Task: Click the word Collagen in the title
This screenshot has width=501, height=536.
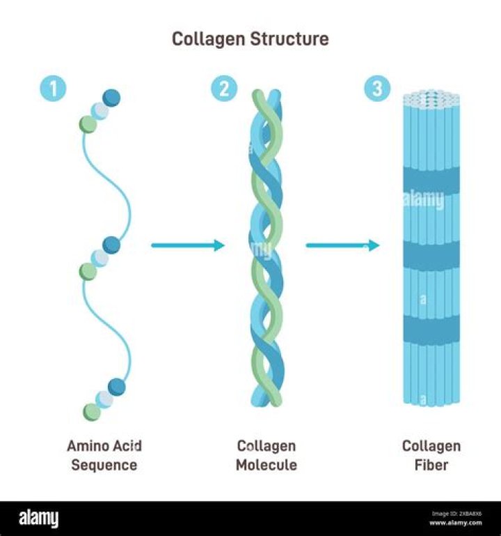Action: (x=204, y=39)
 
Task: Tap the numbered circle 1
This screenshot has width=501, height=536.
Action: (x=55, y=90)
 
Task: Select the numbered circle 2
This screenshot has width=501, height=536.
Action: (x=223, y=90)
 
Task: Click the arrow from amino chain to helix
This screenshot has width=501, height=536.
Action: (x=188, y=245)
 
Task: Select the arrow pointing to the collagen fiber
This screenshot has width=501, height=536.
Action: (x=342, y=245)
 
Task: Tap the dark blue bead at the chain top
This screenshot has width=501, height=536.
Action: (x=111, y=98)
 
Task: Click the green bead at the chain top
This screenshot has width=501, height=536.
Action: (x=88, y=124)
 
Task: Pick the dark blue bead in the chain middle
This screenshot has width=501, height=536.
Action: (x=111, y=245)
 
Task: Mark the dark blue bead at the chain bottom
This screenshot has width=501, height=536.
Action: (x=116, y=386)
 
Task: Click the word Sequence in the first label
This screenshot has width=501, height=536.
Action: (x=104, y=465)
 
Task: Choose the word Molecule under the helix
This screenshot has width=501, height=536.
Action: (x=266, y=465)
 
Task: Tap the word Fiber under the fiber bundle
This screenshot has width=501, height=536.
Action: (x=431, y=465)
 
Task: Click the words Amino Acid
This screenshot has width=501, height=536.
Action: (x=104, y=446)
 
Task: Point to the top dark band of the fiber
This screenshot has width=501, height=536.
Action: (x=432, y=183)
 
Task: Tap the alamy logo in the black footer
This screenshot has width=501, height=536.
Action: (x=39, y=519)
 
